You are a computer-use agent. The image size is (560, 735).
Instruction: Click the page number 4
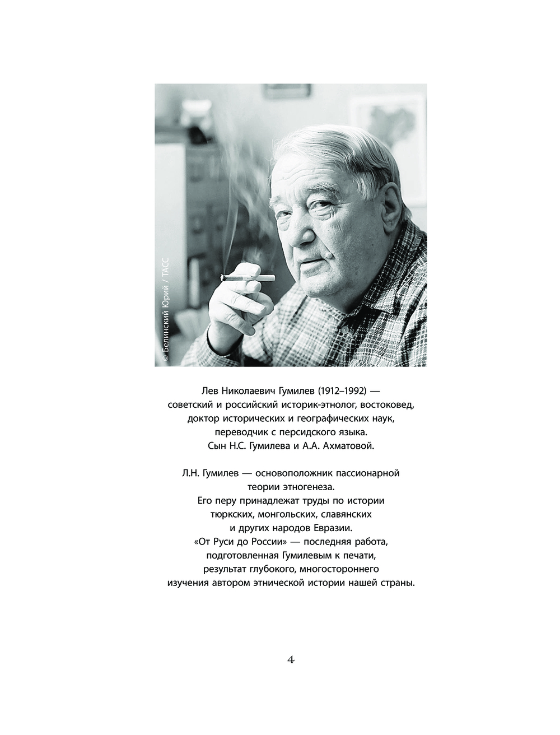(291, 660)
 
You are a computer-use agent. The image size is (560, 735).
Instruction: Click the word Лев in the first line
(191, 390)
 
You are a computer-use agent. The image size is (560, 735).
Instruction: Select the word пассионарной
(367, 473)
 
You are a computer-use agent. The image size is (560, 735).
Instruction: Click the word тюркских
(230, 514)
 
